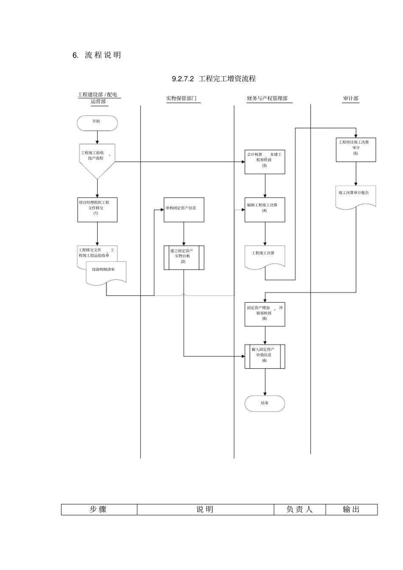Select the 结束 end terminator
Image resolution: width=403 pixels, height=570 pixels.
click(265, 403)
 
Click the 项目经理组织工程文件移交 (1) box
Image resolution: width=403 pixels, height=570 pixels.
click(97, 209)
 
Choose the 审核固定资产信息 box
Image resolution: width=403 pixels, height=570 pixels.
click(184, 209)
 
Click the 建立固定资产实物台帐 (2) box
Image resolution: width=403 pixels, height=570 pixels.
click(184, 257)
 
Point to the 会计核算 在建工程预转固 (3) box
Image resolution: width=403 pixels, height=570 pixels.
click(265, 161)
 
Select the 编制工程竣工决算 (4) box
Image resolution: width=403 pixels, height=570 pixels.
click(265, 209)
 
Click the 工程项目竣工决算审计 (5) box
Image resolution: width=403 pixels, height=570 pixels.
click(356, 150)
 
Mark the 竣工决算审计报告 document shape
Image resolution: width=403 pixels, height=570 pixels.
click(356, 195)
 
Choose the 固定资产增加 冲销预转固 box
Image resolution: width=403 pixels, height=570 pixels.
click(265, 314)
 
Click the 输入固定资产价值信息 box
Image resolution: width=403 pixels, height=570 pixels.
click(265, 356)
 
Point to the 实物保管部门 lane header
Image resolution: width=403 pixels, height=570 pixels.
click(181, 99)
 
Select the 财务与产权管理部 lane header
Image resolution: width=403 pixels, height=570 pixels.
click(267, 99)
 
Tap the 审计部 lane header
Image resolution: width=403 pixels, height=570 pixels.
click(351, 99)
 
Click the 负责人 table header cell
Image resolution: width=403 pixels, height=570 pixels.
click(299, 509)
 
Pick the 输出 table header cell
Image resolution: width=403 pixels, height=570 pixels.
click(351, 509)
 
